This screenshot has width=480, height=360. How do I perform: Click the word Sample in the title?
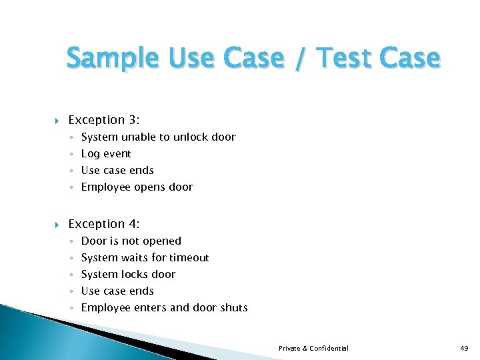pos(107,59)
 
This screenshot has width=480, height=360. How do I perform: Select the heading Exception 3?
pos(104,120)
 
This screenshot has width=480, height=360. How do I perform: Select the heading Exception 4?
pos(104,224)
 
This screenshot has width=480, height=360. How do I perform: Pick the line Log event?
pos(106,153)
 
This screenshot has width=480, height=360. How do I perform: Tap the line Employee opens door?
pos(137,187)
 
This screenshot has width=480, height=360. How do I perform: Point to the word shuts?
pos(233,307)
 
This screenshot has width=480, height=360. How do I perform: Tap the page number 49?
pos(465,348)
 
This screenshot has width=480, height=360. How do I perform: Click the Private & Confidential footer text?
pos(313,348)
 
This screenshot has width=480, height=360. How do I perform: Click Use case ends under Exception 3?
pos(117,170)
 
